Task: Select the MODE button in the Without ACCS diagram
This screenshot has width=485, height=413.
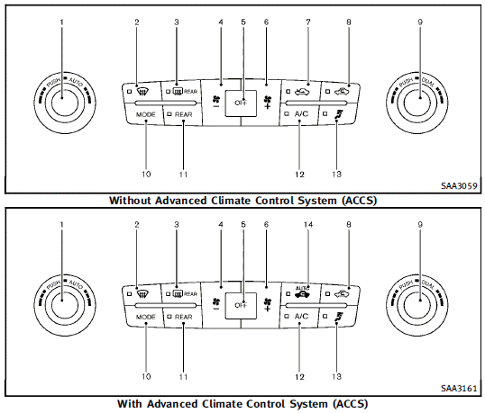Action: (145, 115)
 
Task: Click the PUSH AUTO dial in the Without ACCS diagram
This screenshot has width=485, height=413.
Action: (62, 101)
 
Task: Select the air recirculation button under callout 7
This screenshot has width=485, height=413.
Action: (302, 90)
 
